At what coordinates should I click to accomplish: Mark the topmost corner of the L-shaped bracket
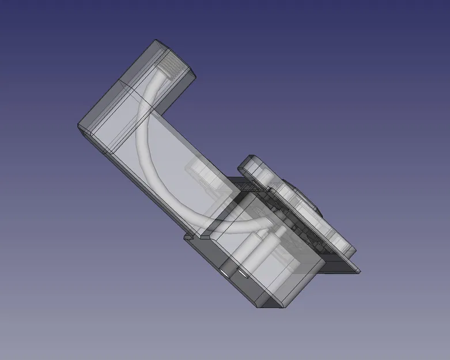(x=156, y=41)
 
